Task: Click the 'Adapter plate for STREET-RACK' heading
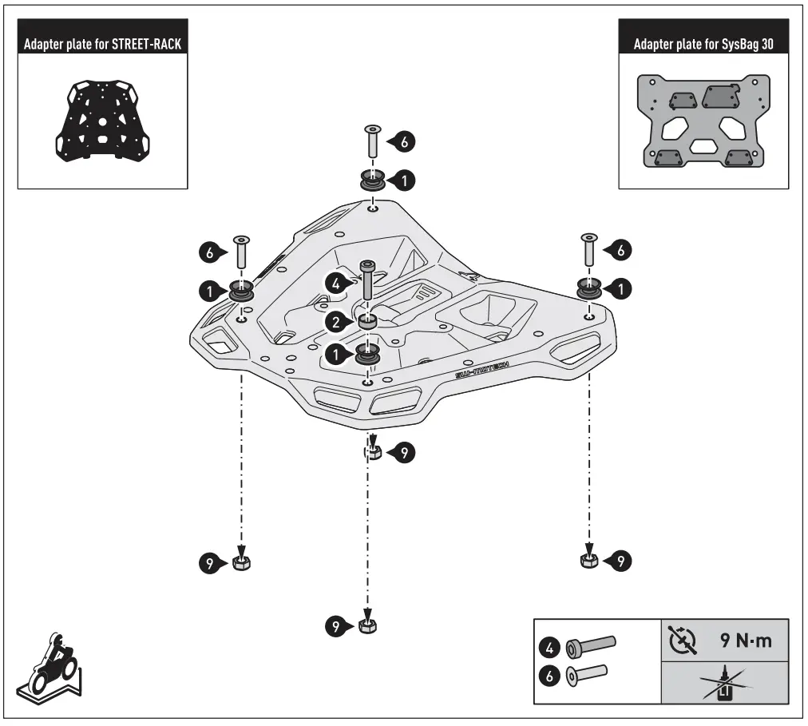coord(104,44)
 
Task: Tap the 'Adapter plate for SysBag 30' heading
coord(703,44)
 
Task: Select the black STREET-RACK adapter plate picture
coord(103,121)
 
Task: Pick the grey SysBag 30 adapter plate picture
coord(703,121)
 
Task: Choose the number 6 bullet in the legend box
coord(551,676)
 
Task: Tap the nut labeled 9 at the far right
coord(588,561)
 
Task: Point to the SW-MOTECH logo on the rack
coord(481,367)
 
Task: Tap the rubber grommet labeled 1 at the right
coord(590,288)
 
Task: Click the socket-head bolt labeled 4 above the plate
coord(367,280)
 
